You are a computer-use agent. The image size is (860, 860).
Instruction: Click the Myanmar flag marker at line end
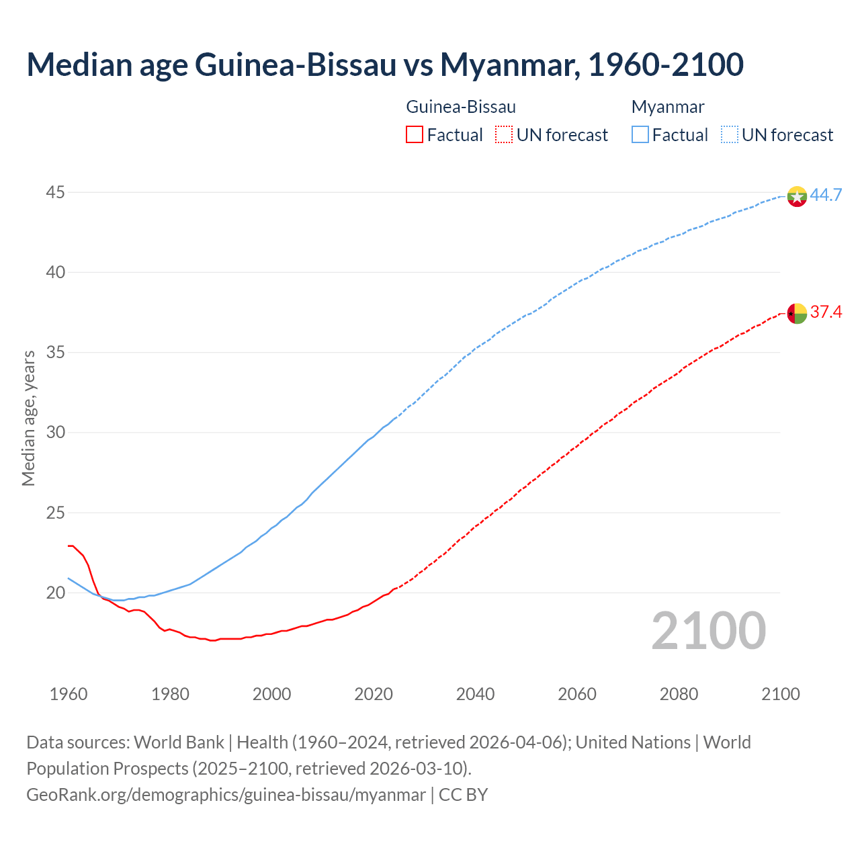pyautogui.click(x=797, y=196)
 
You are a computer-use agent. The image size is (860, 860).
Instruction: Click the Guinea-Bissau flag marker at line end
pyautogui.click(x=797, y=313)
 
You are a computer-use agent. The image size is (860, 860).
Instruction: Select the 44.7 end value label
pyautogui.click(x=826, y=196)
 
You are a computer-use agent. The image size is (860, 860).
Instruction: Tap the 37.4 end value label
pyautogui.click(x=826, y=312)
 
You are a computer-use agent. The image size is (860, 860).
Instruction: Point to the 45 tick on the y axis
pyautogui.click(x=55, y=193)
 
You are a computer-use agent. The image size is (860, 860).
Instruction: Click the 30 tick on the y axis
pyautogui.click(x=55, y=433)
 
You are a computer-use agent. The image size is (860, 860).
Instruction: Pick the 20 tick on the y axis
pyautogui.click(x=55, y=593)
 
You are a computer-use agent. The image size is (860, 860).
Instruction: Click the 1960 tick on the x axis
pyautogui.click(x=69, y=694)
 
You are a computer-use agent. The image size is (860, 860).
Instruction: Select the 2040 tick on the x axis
pyautogui.click(x=475, y=694)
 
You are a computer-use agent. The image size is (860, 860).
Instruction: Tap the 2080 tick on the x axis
pyautogui.click(x=679, y=694)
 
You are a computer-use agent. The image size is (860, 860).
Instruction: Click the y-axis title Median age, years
pyautogui.click(x=28, y=418)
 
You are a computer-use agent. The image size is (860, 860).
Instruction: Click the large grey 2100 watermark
pyautogui.click(x=708, y=630)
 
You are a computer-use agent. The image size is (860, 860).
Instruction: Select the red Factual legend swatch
pyautogui.click(x=415, y=135)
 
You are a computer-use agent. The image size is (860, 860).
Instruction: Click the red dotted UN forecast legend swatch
pyautogui.click(x=504, y=135)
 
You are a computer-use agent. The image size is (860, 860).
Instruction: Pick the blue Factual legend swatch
pyautogui.click(x=640, y=135)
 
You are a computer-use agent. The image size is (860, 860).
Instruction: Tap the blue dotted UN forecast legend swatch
pyautogui.click(x=730, y=135)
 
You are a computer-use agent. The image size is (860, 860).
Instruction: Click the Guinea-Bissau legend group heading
pyautogui.click(x=461, y=107)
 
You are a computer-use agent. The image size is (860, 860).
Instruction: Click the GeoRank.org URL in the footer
pyautogui.click(x=226, y=795)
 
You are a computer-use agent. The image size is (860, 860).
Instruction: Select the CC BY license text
pyautogui.click(x=464, y=795)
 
